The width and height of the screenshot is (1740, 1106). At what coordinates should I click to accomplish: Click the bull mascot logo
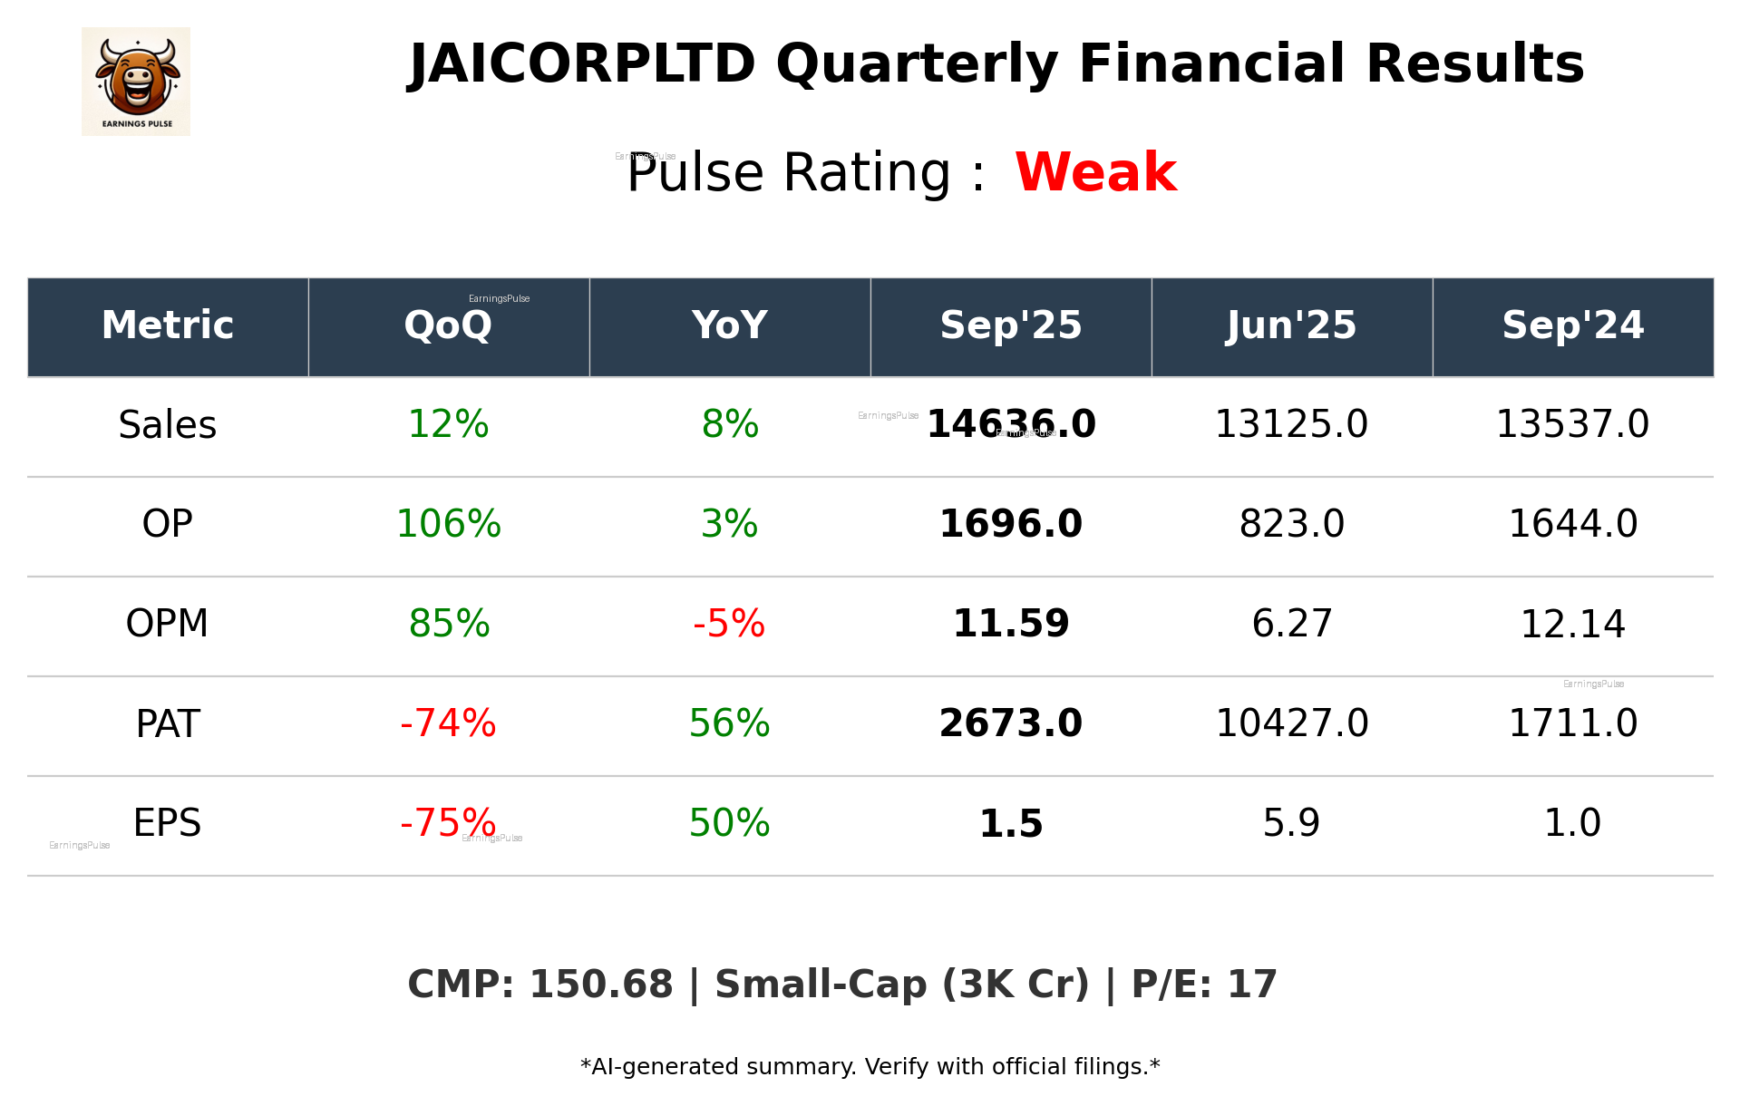(136, 81)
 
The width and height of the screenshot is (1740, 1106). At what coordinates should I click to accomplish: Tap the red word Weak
(1095, 172)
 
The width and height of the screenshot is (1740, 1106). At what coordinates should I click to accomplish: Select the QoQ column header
(448, 325)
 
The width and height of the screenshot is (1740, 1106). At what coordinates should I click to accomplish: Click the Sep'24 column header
(1572, 325)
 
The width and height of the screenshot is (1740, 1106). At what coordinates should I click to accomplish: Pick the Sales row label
(168, 425)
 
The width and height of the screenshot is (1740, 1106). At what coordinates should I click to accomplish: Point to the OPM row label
(168, 624)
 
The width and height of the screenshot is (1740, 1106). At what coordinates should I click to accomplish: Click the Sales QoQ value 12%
(448, 424)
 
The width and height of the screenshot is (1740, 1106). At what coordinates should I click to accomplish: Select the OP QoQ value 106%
(448, 524)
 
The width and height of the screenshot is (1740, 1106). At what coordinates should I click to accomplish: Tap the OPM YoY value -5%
(729, 624)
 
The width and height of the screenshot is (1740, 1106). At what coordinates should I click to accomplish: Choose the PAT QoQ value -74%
(448, 723)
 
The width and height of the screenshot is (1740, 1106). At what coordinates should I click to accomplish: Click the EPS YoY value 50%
(729, 823)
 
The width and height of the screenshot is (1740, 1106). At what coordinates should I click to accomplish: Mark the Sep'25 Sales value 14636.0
(1010, 424)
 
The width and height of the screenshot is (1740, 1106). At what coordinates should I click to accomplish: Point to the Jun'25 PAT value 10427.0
(1291, 723)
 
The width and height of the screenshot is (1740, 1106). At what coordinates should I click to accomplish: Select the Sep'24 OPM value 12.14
(1572, 625)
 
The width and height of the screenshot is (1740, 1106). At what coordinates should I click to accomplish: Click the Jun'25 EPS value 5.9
(1291, 823)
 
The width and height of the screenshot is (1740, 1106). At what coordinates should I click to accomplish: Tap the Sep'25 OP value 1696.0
(1010, 524)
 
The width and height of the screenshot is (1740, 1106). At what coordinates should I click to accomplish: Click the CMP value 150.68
(600, 985)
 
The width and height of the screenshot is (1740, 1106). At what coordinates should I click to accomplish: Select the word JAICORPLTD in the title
(582, 64)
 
